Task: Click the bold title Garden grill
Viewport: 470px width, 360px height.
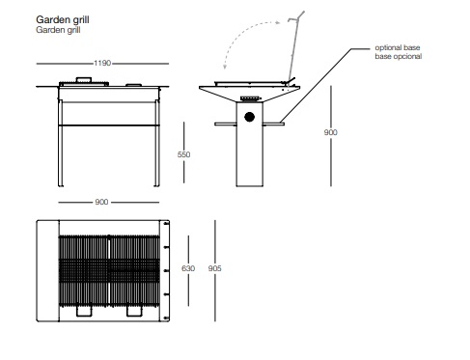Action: (x=63, y=20)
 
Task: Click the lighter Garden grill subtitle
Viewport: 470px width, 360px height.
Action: (x=58, y=30)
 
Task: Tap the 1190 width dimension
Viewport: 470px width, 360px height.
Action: (x=102, y=63)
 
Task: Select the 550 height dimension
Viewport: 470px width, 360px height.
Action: (x=183, y=154)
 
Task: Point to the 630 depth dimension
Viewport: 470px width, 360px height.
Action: (x=188, y=268)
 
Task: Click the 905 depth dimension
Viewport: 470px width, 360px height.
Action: (x=214, y=268)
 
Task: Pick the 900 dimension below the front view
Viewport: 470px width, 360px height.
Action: (x=101, y=202)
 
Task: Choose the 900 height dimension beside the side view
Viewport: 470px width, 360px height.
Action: (x=331, y=132)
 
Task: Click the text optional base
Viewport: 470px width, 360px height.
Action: (x=398, y=47)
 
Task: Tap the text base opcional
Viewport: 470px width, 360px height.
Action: (x=399, y=56)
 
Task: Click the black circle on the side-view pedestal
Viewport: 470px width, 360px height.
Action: (x=249, y=117)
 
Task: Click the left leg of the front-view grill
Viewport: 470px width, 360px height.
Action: (x=60, y=143)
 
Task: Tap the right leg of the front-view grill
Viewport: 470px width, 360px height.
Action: (x=157, y=143)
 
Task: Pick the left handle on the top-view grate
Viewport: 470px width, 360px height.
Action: (x=84, y=311)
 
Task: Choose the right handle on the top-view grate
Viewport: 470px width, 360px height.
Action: (x=134, y=311)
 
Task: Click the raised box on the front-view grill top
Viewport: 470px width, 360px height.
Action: (x=84, y=80)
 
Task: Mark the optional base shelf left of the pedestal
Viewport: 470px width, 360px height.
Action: (x=225, y=124)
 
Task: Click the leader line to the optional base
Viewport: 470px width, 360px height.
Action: (x=325, y=86)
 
